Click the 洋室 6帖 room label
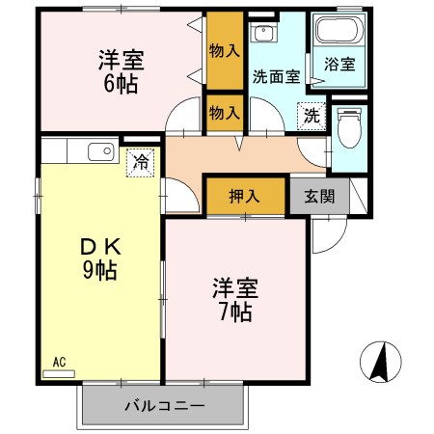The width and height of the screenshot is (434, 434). coord(121,71)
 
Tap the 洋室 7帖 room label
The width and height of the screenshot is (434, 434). coord(232,300)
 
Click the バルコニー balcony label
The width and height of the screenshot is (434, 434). coord(164,406)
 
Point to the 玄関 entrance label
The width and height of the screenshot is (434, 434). coord(319,196)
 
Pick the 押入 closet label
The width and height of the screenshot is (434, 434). coord(245,196)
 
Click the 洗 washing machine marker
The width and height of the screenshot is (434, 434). coord(312,113)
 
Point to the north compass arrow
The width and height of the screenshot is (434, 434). coord(379,365)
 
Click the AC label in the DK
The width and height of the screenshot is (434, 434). coord(59,362)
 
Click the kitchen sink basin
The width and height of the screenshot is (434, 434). coord(100,151)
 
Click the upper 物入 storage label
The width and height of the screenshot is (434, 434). coord(224,51)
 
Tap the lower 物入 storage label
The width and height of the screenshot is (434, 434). coord(224,113)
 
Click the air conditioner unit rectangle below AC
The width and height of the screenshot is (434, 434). coord(59,372)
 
